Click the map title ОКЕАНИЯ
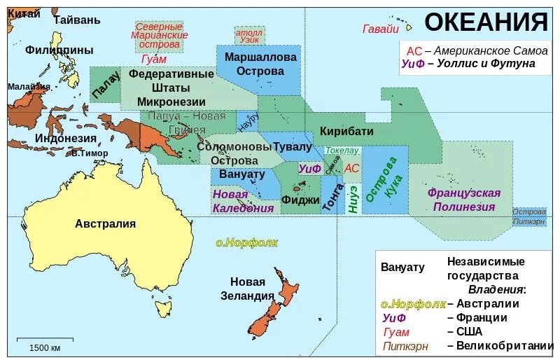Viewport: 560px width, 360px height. (486, 22)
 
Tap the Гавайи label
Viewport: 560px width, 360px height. (381, 29)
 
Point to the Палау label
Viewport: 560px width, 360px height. (106, 85)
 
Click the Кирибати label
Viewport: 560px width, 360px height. (346, 131)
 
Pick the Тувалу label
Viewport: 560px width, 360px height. (293, 146)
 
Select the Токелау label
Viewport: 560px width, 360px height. (342, 150)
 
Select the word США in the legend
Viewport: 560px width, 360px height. (470, 331)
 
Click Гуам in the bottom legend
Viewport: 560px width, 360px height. (396, 332)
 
